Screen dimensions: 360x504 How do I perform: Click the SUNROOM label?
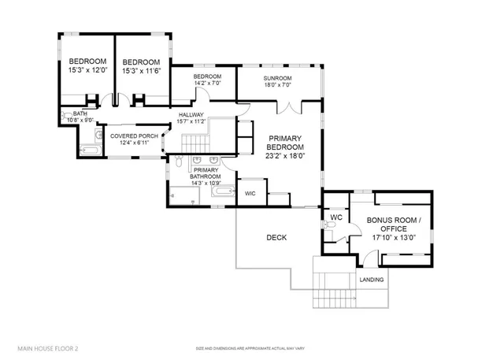(277, 78)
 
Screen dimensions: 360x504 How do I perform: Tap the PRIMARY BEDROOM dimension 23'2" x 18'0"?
(284, 156)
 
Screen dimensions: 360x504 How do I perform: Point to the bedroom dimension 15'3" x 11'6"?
(141, 71)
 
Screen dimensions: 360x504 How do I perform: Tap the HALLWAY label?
(191, 114)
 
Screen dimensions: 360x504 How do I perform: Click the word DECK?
(276, 237)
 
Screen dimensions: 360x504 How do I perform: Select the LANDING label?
(372, 280)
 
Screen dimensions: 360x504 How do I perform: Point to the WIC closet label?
(250, 193)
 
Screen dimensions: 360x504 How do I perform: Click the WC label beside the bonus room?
(335, 217)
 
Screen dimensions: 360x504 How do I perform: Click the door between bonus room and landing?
(365, 258)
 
